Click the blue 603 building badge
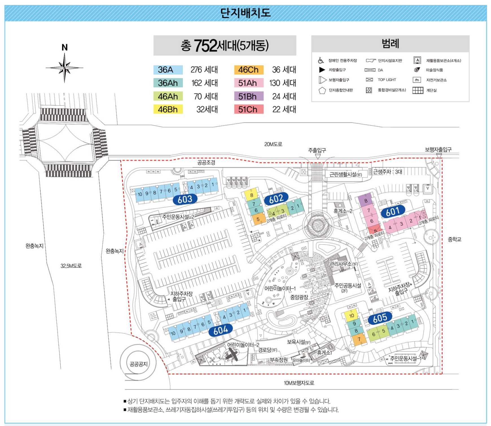185,199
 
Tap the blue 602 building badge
276,199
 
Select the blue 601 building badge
393,212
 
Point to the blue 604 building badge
220,330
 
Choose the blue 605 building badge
380,318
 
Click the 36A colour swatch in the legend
168,70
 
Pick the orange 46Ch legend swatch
248,70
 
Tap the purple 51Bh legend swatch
248,96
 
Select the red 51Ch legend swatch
248,109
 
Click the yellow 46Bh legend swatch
168,109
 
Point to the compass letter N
65,47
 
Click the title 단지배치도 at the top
245,13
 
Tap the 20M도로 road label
273,144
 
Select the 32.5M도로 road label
71,266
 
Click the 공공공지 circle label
139,364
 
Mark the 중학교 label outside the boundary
454,240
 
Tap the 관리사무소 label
343,264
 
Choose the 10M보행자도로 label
299,383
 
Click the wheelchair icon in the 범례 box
321,60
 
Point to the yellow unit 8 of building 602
251,195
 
